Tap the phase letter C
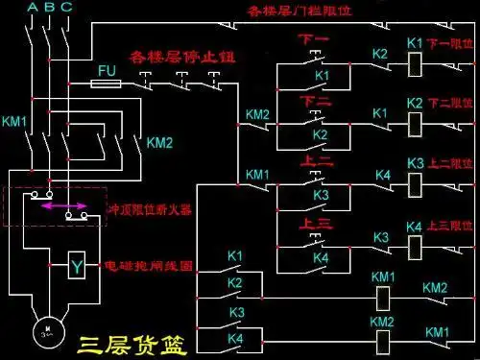(64, 8)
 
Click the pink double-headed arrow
(64, 205)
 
